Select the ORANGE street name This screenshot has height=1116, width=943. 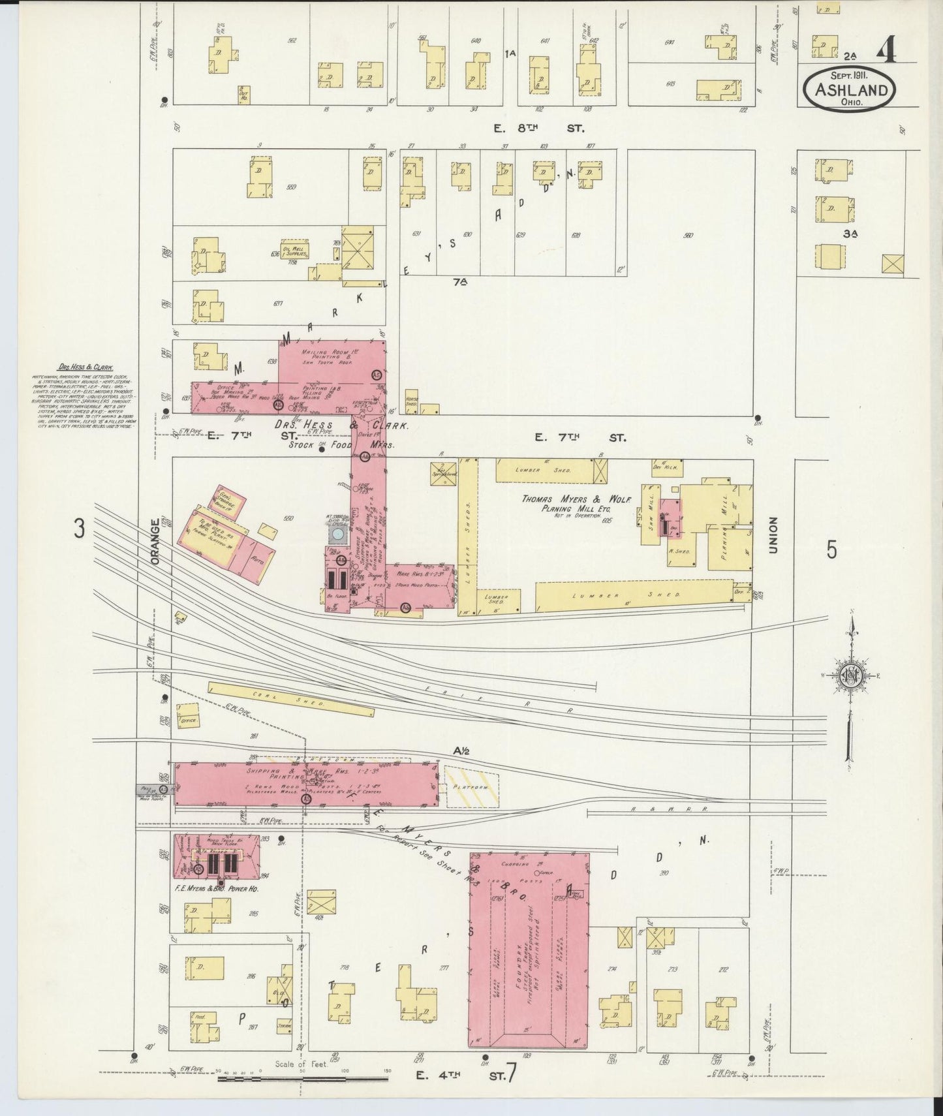coord(155,541)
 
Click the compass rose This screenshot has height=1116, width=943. coord(850,676)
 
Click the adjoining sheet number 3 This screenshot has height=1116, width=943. coord(79,529)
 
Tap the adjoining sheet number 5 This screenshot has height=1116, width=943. coord(831,550)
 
